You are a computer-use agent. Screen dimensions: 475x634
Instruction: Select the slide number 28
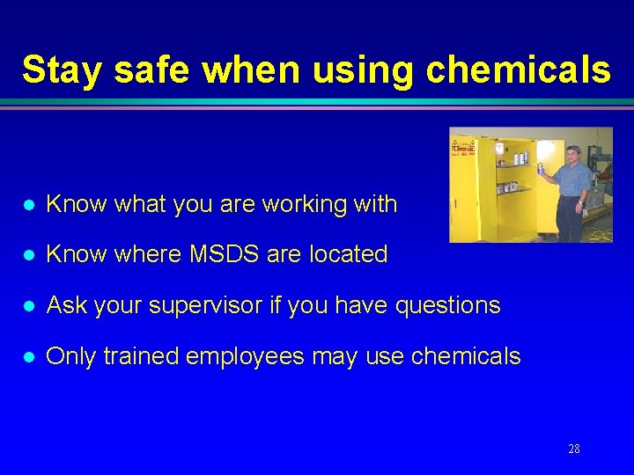573,449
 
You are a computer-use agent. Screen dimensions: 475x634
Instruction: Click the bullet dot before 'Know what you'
29,205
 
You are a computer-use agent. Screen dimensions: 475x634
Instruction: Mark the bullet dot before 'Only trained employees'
29,357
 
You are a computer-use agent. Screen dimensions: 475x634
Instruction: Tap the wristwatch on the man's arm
580,203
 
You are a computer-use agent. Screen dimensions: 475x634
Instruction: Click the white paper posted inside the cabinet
499,150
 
